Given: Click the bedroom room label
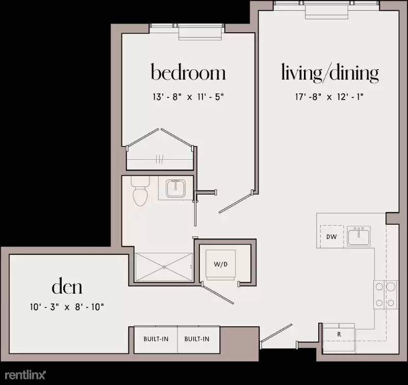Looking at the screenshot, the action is coord(188,72).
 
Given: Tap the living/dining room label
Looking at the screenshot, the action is coord(329,73).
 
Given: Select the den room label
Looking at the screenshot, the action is coord(67,286).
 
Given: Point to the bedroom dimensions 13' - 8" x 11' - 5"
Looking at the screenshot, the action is coord(188,97).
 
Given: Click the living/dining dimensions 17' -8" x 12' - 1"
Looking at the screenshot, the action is coord(329,97).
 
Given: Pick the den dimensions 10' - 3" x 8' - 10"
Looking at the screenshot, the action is coord(67,307).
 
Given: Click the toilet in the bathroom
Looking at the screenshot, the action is coord(141,191).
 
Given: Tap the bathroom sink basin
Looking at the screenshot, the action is coord(175,188).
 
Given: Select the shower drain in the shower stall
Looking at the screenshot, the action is coord(164,267).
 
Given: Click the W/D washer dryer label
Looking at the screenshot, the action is coord(221,264).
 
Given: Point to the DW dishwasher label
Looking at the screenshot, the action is coord(331,237).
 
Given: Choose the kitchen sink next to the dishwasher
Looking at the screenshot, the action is coord(359,236).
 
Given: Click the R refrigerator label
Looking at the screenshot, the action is coord(339,334).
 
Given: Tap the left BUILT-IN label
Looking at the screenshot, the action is coord(156,339).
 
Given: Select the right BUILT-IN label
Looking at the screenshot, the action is coord(197,339).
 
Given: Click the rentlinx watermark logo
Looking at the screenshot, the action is coord(25,375).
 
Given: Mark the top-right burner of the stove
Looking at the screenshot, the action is coord(391,286).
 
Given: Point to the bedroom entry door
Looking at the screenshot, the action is coord(236,202).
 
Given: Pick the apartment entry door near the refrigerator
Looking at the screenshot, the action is coord(276,332).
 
